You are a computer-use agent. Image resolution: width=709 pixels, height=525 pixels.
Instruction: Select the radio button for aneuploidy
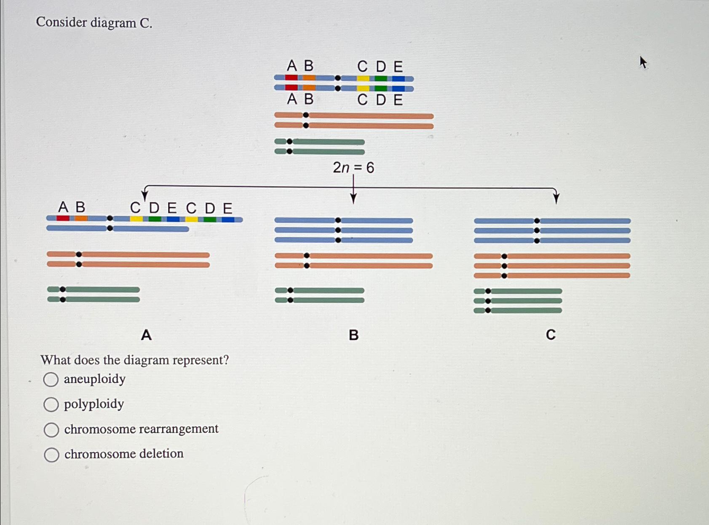point(51,380)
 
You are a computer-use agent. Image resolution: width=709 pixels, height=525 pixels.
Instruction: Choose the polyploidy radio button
point(51,404)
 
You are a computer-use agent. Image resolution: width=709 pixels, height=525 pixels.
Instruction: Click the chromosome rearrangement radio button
point(51,430)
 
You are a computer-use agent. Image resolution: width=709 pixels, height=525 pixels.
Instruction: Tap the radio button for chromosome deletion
point(51,455)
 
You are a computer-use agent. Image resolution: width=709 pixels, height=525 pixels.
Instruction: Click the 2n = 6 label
point(353,168)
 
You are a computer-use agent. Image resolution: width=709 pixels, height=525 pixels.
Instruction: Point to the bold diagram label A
point(146,335)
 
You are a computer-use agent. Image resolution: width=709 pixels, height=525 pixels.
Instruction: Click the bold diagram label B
point(353,335)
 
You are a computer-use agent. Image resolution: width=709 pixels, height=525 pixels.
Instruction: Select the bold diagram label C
point(551,335)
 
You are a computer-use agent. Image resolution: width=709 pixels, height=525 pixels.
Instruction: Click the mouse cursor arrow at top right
point(643,62)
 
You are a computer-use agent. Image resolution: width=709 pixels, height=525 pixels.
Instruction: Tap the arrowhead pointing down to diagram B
point(353,198)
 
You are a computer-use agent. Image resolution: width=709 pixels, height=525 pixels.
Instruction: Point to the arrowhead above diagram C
point(556,197)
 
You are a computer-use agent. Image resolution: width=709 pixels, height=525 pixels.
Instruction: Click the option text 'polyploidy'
point(94,404)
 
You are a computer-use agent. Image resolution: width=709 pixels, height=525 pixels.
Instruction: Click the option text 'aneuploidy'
point(95,379)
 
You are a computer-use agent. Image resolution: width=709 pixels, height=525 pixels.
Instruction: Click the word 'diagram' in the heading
point(113,22)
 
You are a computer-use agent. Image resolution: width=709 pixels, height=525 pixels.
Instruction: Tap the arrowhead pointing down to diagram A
point(144,196)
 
